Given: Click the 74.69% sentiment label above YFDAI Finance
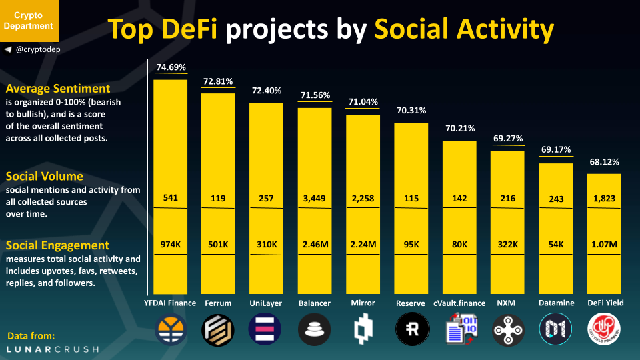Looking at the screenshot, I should point(171,67).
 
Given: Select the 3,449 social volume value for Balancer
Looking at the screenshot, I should point(314,198).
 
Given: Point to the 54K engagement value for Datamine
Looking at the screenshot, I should point(555,245).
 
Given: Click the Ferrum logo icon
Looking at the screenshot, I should point(218,329).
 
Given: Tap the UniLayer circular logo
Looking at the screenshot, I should point(266,329).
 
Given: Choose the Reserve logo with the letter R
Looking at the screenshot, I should point(411,329).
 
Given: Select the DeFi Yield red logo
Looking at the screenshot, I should point(603,329).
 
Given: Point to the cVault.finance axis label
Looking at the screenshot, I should point(459,303).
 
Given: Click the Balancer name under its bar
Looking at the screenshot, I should point(314,303).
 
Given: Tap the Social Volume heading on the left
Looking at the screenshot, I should point(45,176).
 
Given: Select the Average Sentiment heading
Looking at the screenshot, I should point(58,89).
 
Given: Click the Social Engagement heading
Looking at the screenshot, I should point(57,245).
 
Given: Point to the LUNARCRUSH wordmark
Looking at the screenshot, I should point(53,349).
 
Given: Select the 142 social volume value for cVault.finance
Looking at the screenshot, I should point(459,198).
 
